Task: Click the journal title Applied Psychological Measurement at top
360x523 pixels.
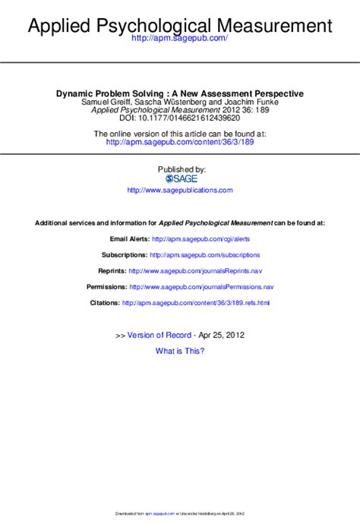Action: click(180, 27)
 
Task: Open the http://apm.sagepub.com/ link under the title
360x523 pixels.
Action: click(180, 38)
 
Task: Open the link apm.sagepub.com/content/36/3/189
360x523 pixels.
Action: click(180, 141)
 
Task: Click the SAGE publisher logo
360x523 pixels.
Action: click(181, 178)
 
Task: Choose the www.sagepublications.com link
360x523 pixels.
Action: click(180, 190)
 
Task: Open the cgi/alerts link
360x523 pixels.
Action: click(201, 238)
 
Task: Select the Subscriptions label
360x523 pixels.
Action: click(124, 254)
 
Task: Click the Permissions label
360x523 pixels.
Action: click(106, 287)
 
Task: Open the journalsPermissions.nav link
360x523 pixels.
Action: click(201, 287)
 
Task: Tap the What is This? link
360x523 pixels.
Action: click(180, 351)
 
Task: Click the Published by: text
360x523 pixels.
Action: click(181, 169)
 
